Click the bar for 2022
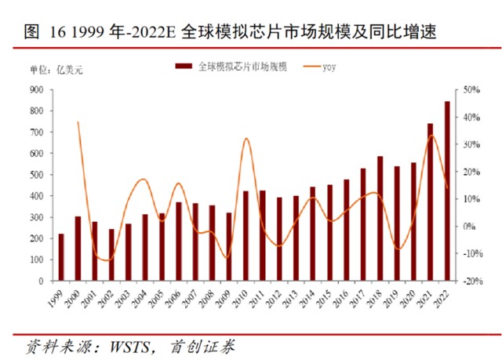click(x=447, y=191)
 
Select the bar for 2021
click(x=431, y=202)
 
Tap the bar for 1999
click(x=61, y=256)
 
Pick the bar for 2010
click(x=246, y=235)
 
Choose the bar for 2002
click(x=111, y=254)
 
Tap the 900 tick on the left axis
click(x=37, y=90)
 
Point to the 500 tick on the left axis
click(x=37, y=175)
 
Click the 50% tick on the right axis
click(x=471, y=90)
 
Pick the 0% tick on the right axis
click(x=469, y=227)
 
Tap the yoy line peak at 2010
click(x=246, y=139)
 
